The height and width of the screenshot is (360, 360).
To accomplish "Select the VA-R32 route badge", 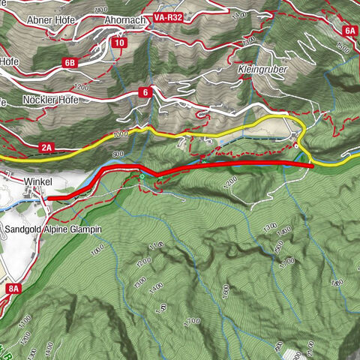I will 169,15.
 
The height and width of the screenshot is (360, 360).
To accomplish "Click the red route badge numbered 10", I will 119,43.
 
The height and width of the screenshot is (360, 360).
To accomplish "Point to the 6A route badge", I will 350,31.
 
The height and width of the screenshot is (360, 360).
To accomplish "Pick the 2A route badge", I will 47,148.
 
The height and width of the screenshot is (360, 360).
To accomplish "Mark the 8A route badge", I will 12,288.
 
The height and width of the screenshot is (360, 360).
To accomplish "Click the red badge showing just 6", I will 145,92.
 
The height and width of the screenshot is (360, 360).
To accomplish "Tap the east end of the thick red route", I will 310,164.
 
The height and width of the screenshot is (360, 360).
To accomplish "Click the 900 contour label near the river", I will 118,154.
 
